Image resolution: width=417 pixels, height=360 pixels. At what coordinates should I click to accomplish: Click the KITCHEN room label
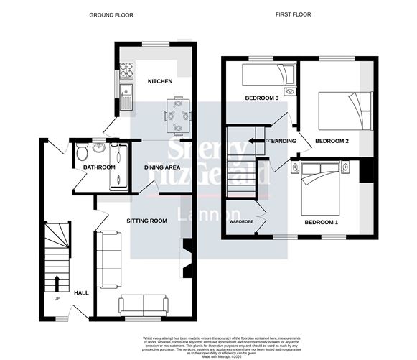160,81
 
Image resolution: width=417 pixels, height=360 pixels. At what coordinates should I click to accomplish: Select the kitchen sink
126,95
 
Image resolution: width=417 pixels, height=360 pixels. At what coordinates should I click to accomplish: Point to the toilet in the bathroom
81,153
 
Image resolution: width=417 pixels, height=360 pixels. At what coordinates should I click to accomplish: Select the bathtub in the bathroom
118,166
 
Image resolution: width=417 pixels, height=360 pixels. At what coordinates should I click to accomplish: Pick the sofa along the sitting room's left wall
110,259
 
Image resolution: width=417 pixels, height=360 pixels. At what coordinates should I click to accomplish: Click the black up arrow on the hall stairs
55,281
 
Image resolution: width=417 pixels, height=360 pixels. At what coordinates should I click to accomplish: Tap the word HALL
81,292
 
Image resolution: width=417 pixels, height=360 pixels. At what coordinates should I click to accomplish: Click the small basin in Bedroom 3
291,91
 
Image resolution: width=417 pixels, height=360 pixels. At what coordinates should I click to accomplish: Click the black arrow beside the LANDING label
255,141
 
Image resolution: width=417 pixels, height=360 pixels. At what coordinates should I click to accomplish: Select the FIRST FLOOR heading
295,14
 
